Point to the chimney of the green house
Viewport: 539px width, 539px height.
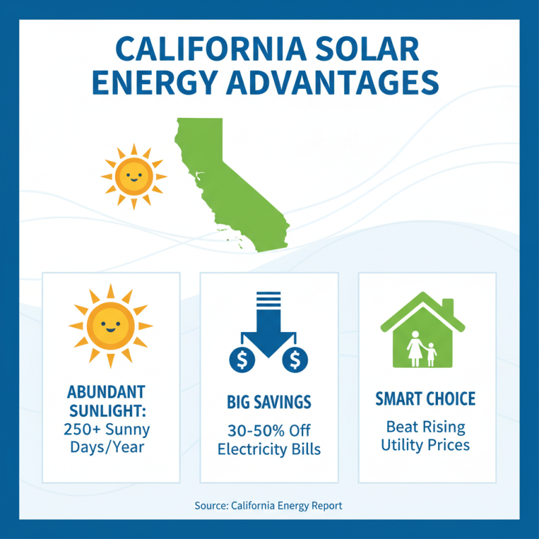tap(447, 307)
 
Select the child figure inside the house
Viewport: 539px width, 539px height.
tap(431, 353)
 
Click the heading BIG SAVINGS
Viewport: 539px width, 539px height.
tap(269, 403)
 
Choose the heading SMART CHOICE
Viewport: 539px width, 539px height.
tap(425, 399)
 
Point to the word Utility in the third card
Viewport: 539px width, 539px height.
tap(402, 445)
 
